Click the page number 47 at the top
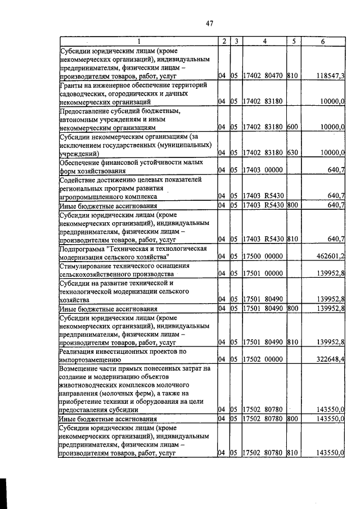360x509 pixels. point(210,23)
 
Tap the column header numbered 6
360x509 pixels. point(322,41)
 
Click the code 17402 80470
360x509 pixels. point(263,75)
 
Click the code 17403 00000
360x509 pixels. point(263,170)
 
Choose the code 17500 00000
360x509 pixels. point(263,256)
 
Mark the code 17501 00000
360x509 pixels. point(263,273)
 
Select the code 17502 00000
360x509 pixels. point(263,358)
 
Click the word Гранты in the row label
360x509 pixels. point(73,84)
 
